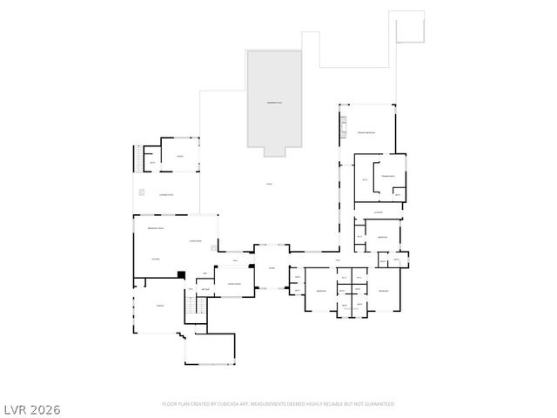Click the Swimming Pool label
point(274,103)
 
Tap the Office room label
point(180,157)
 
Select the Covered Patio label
point(165,195)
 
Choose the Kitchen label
point(158,260)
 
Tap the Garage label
point(160,307)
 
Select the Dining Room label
point(233,285)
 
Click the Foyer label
point(272,267)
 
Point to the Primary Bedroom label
point(365,132)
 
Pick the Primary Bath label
point(387,176)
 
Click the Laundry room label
point(378,212)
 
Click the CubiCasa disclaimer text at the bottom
point(278,404)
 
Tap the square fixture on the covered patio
point(140,192)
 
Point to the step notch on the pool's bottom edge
point(274,152)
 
